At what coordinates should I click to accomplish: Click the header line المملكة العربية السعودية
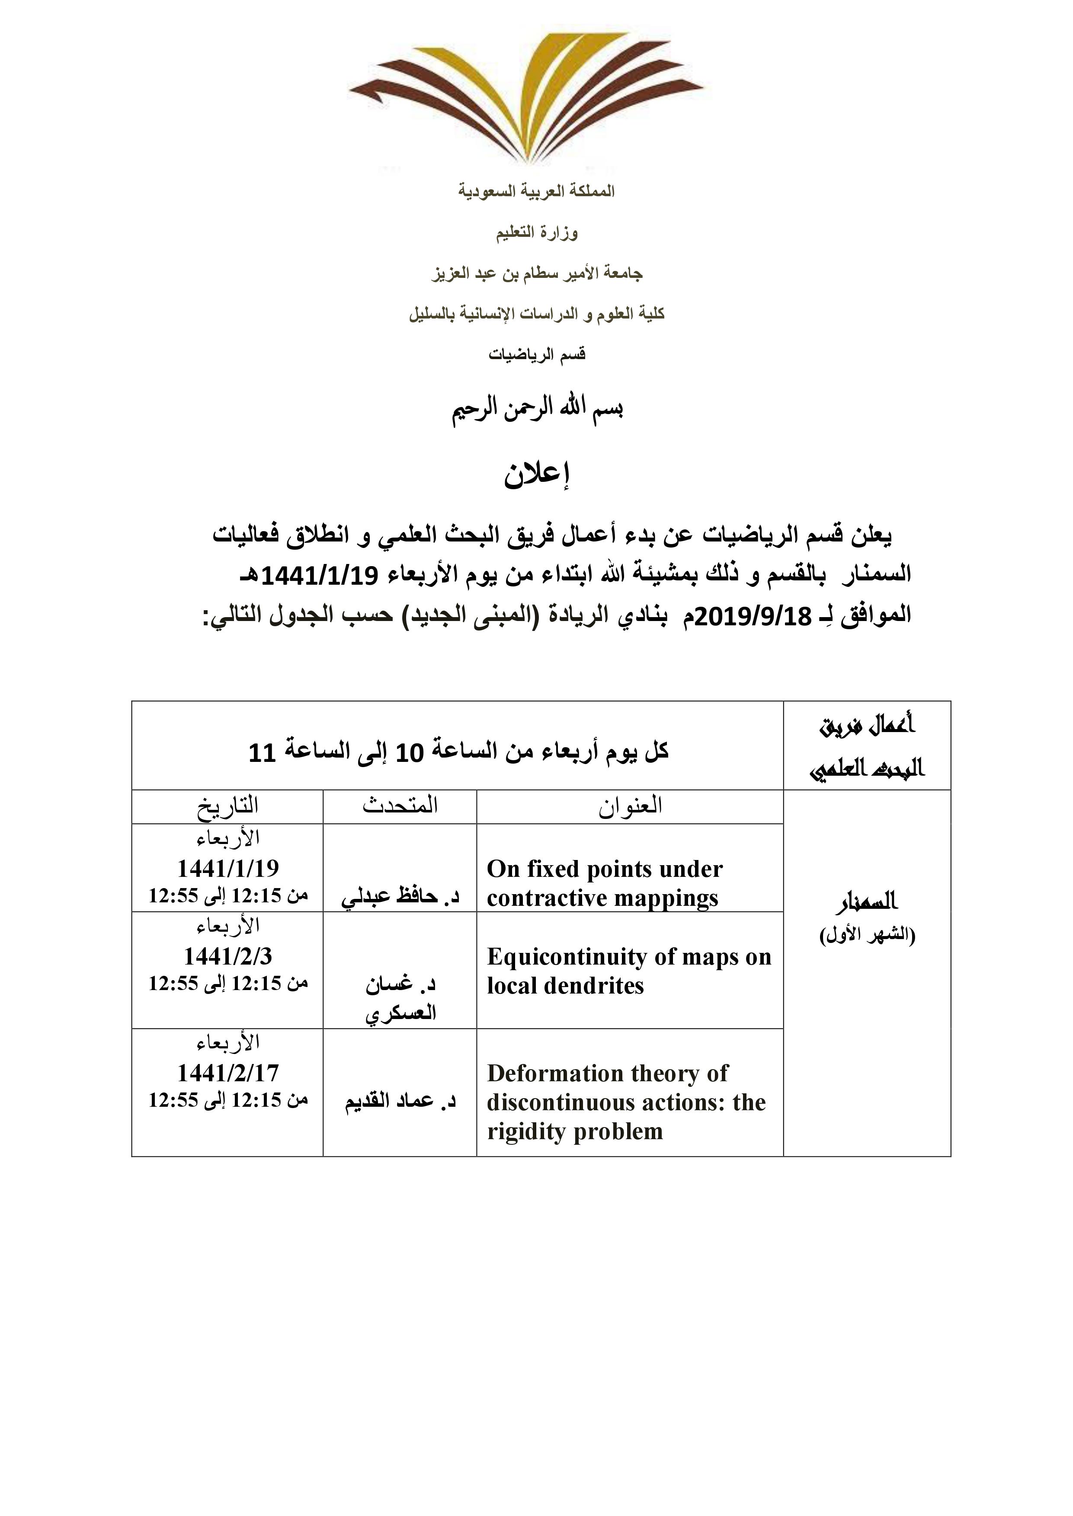click(x=536, y=191)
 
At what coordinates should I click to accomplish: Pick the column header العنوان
click(x=630, y=806)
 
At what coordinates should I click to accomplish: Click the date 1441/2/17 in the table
click(x=228, y=1073)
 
